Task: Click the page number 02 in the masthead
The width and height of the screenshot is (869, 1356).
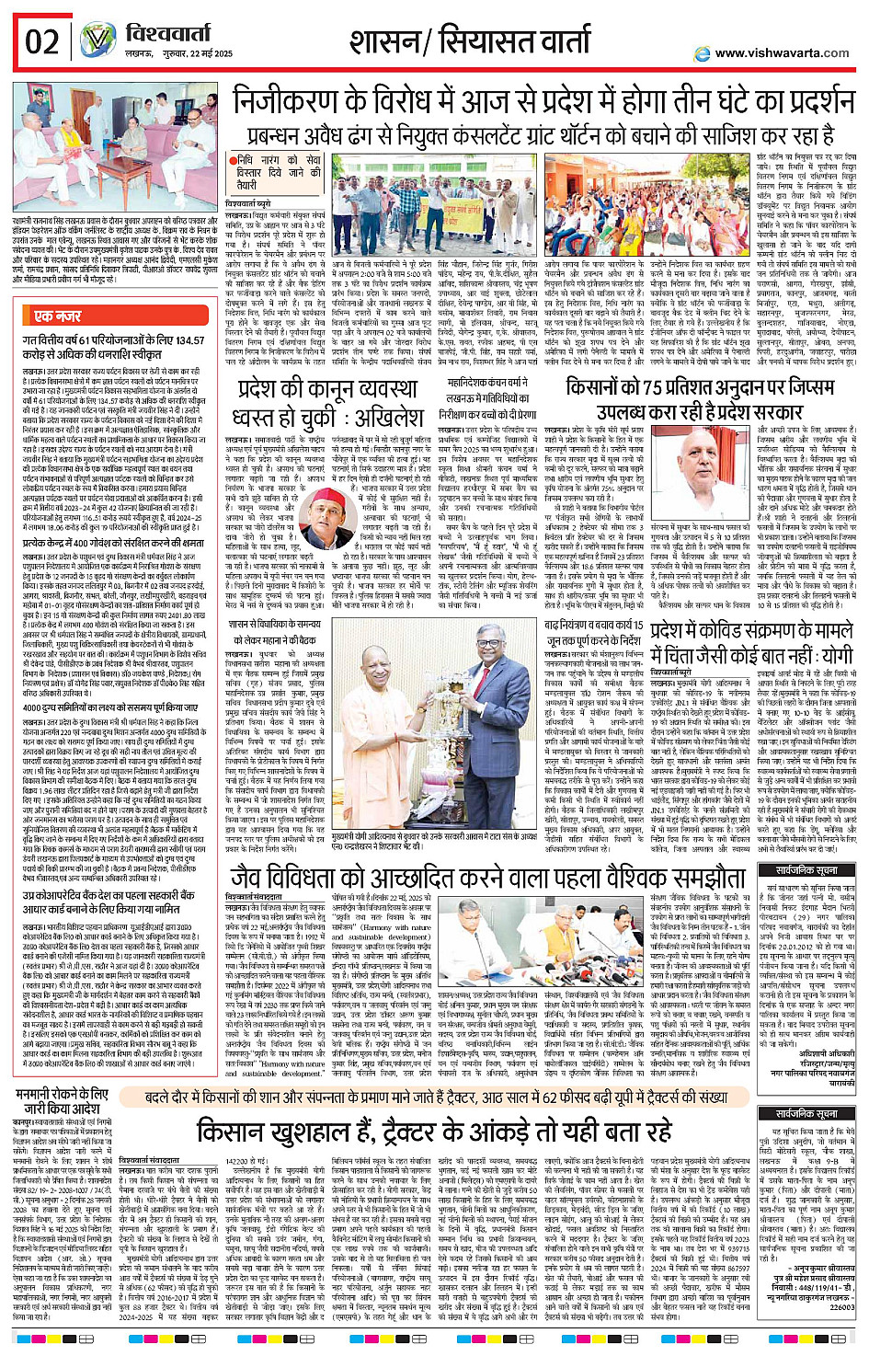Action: [41, 42]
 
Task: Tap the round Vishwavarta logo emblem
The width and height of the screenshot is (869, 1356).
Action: [97, 40]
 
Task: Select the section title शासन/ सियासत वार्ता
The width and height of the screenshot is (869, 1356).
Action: [469, 41]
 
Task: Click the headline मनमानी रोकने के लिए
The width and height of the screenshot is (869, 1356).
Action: [63, 1094]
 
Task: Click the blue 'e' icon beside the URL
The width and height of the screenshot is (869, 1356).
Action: [703, 53]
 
